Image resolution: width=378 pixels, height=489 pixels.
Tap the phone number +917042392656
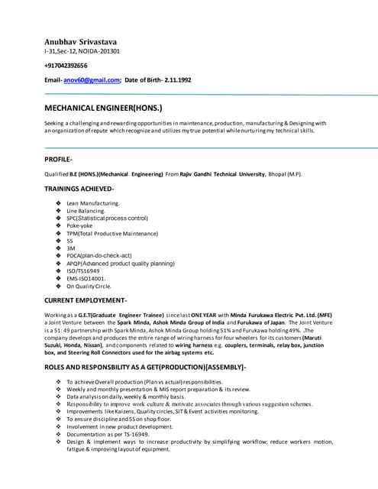[71, 66]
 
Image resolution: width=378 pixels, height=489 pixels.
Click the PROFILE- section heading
[59, 159]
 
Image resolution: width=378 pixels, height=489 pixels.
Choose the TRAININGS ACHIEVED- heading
[79, 189]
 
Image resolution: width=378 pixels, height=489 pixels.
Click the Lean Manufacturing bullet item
[92, 203]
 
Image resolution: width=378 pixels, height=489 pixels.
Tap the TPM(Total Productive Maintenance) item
[112, 233]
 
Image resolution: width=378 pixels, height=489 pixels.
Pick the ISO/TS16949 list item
[83, 270]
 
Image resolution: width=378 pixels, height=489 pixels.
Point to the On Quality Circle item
[89, 286]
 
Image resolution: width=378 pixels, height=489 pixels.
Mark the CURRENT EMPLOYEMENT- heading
[86, 300]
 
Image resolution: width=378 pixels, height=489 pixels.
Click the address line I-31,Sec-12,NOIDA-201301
[82, 51]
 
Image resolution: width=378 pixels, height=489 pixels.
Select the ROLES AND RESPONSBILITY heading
[145, 368]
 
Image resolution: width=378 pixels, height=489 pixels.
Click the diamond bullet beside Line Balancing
[59, 211]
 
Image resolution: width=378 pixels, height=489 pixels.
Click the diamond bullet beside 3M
[59, 248]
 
